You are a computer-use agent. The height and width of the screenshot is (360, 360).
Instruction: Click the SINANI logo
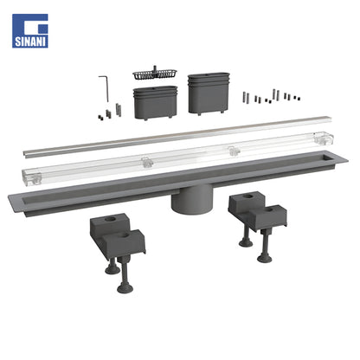click(30, 31)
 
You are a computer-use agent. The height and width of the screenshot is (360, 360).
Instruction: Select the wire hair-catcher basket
click(155, 74)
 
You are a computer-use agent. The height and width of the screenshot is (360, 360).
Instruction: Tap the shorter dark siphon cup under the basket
click(155, 103)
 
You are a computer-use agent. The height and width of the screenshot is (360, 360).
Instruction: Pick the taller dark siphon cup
click(209, 93)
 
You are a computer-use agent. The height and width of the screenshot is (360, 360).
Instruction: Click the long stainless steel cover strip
click(177, 137)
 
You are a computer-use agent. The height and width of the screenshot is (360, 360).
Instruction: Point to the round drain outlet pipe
click(192, 201)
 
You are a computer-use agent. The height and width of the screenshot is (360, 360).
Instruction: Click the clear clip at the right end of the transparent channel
click(324, 138)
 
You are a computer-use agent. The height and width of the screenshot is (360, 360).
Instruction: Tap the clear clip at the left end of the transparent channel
click(32, 177)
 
